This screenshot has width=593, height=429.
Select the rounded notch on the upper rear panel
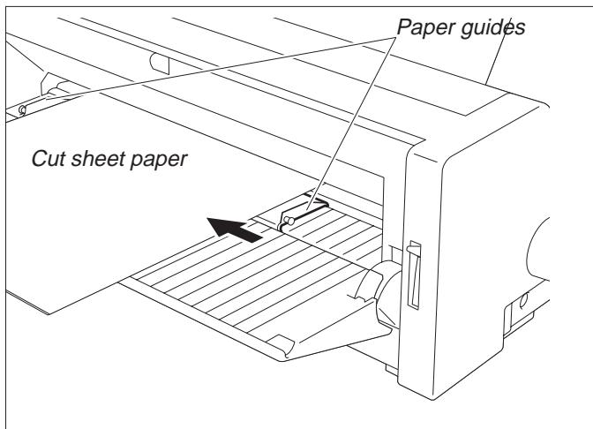pos(159,62)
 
